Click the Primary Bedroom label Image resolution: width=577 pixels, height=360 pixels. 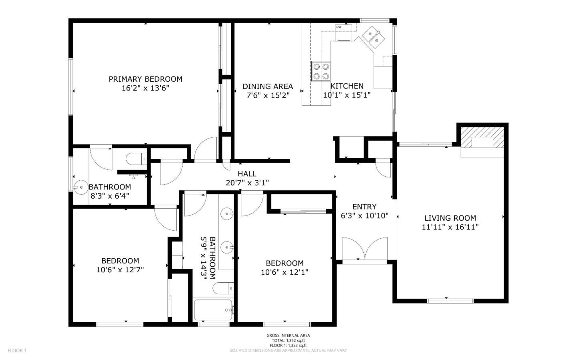[x=145, y=79]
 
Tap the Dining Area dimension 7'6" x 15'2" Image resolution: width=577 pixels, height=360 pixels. [x=268, y=96]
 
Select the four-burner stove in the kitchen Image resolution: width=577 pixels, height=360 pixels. [x=321, y=71]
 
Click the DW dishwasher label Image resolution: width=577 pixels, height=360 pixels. [x=339, y=27]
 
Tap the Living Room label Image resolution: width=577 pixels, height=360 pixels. [x=450, y=218]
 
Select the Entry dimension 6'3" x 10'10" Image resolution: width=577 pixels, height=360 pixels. [x=365, y=215]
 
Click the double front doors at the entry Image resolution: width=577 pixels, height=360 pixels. [x=365, y=250]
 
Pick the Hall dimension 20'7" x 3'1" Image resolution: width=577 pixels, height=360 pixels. [x=247, y=183]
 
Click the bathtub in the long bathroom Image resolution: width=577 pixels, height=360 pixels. [x=213, y=310]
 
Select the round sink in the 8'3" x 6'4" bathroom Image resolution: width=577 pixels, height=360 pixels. [x=81, y=187]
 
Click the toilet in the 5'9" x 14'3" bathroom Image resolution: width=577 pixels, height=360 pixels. [x=223, y=288]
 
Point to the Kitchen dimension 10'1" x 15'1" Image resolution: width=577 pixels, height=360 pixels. [x=347, y=95]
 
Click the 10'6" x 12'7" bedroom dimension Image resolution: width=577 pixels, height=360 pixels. [x=120, y=270]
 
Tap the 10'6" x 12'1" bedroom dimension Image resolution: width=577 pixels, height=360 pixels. [x=284, y=272]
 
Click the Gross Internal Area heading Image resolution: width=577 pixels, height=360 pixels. [x=288, y=336]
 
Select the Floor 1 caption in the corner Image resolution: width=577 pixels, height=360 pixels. [x=17, y=350]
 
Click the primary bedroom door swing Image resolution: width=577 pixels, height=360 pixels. [x=205, y=149]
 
